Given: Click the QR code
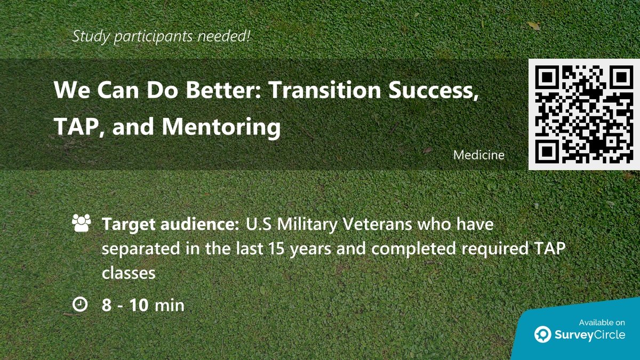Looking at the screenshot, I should coord(583,114).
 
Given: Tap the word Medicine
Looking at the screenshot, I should coord(478,155).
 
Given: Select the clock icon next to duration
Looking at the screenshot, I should coord(79,305).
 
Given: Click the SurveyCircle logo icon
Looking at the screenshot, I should coord(543,334).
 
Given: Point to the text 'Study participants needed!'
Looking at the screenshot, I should coord(162,37).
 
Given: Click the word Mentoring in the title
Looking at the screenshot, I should coord(221,127).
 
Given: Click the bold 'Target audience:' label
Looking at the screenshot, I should coord(170,225).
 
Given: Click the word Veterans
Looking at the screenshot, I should coord(377,225).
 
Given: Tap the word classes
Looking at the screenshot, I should coord(129,273).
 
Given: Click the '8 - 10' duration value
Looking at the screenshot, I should coord(125,305).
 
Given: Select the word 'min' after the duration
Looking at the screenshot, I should coord(170,305).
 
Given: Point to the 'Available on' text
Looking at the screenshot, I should coord(602,322).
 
